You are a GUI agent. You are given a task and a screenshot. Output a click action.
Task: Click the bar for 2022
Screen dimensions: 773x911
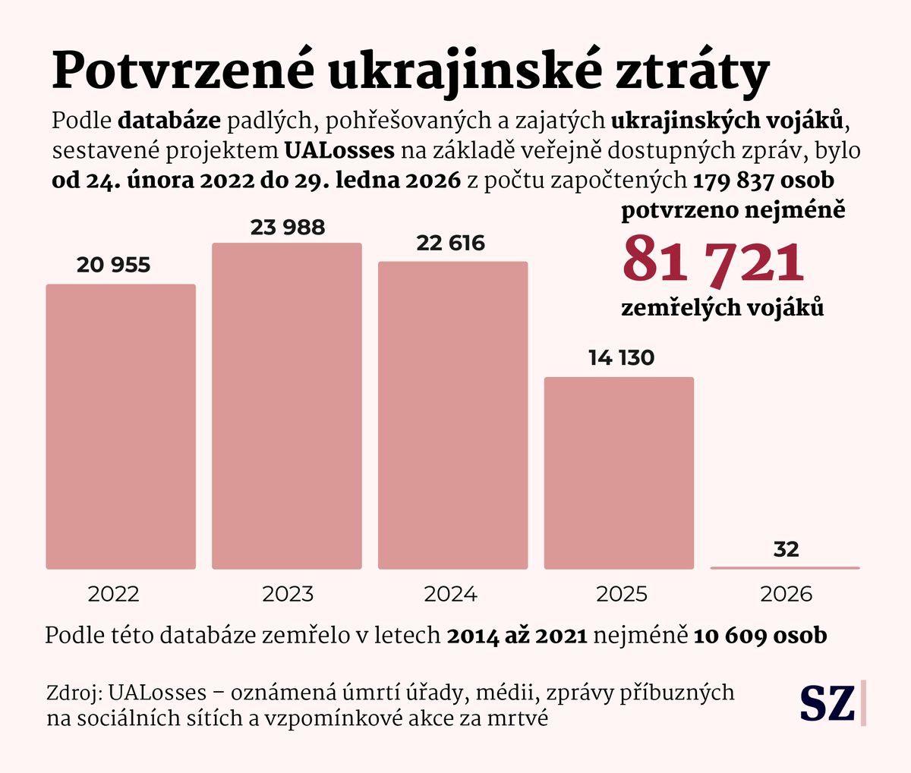coord(121,426)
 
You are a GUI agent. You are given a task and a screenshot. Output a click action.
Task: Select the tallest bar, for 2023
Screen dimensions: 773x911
coord(287,406)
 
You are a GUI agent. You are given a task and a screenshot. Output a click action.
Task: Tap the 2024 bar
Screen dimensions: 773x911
coord(452,415)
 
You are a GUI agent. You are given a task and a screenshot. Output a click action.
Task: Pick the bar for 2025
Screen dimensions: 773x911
coord(619,473)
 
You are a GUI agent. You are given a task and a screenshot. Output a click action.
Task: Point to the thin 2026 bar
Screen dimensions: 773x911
coord(785,567)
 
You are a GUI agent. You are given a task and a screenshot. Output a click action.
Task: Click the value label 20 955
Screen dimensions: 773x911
coord(114,265)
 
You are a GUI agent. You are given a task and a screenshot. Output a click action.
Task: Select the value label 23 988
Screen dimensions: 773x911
coord(288,227)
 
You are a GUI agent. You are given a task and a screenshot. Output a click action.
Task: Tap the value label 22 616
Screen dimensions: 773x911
coord(451,244)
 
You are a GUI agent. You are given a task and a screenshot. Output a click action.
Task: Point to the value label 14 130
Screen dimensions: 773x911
coord(621,357)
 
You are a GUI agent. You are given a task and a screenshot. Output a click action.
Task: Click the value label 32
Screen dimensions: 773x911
coord(786,549)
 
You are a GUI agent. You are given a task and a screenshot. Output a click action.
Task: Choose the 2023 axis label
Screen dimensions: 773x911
coord(288,594)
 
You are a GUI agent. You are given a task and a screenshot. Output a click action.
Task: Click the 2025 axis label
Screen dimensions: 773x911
coord(622,594)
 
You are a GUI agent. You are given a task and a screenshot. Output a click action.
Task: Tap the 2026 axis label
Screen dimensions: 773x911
coord(786,594)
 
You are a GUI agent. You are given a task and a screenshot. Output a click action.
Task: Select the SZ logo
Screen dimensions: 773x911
coord(828,702)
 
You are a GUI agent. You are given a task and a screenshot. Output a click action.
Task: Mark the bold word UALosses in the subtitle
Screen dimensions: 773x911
coord(340,150)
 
